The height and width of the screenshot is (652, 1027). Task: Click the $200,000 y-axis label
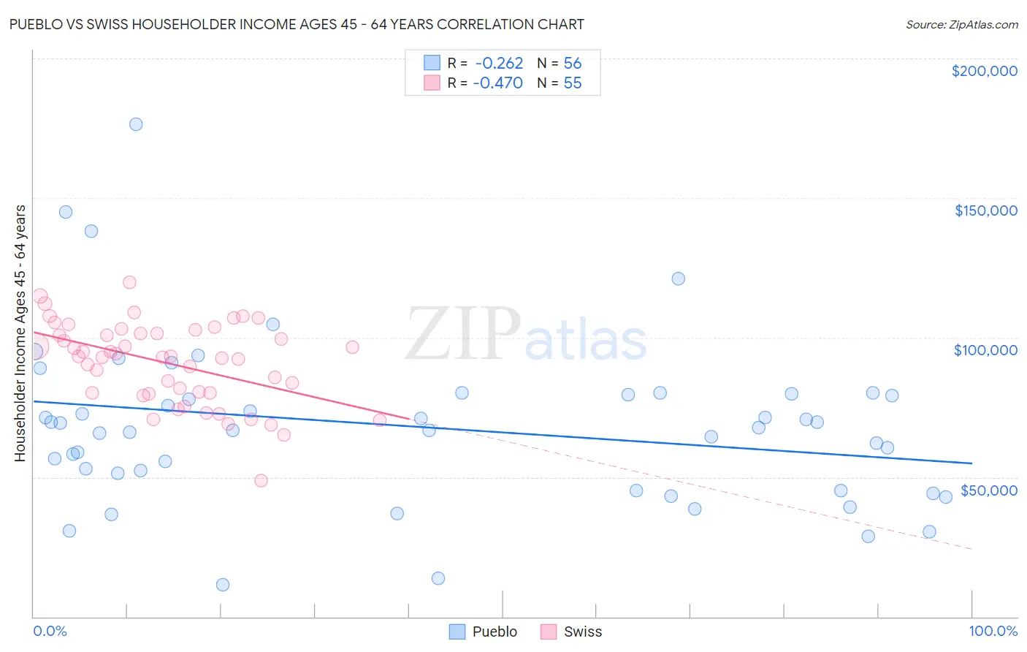point(984,71)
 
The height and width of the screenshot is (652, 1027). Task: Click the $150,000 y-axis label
point(985,211)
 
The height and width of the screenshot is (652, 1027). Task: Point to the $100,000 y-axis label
point(985,350)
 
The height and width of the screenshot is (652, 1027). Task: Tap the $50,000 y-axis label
point(988,490)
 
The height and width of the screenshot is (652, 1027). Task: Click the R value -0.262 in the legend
point(498,64)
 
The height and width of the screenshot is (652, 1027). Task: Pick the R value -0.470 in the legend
point(498,83)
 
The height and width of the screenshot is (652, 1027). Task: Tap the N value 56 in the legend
point(573,64)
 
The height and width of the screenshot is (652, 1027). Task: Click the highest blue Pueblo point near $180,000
point(136,124)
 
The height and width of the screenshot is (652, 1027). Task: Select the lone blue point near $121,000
point(679,278)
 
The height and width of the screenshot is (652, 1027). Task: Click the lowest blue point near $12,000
point(223,585)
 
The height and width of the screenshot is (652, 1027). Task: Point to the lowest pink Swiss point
point(261,480)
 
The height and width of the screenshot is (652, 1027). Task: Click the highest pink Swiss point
point(129,282)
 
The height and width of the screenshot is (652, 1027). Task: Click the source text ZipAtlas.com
point(961,25)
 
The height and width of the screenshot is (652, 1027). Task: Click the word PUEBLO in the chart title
point(36,24)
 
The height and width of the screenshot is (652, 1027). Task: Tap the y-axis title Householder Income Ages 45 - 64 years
point(20,333)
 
